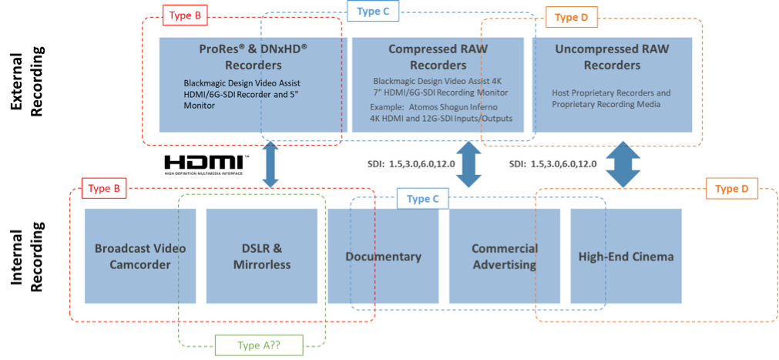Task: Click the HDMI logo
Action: click(x=207, y=163)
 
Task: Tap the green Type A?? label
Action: click(x=257, y=346)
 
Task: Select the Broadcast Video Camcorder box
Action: click(x=140, y=257)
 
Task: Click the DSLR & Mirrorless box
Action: click(x=261, y=257)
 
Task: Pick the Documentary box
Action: click(x=383, y=257)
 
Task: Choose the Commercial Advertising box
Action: click(x=504, y=257)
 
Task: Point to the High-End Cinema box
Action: click(x=626, y=257)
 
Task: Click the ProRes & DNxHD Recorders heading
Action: click(x=247, y=56)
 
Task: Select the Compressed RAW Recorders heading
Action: click(x=438, y=56)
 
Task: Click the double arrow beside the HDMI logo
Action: click(x=270, y=163)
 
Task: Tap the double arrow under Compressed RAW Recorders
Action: click(x=468, y=164)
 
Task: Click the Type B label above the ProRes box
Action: click(x=185, y=15)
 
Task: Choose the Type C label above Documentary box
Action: click(x=423, y=199)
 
